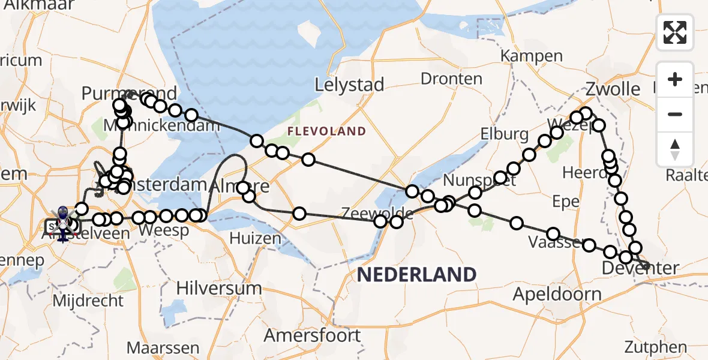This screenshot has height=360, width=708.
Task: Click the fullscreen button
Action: click(x=675, y=32)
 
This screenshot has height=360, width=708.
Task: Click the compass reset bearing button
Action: click(x=675, y=149)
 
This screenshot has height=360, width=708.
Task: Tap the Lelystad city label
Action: click(x=350, y=85)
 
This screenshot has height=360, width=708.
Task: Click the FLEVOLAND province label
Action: click(x=327, y=131)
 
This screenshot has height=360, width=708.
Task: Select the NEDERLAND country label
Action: click(x=417, y=275)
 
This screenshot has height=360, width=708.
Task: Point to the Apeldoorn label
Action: click(x=557, y=295)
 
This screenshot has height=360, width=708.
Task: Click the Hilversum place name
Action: click(x=219, y=288)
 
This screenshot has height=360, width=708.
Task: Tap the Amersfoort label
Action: click(x=313, y=335)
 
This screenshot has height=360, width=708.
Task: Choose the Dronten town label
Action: click(x=451, y=79)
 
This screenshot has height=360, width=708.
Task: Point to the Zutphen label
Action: click(x=655, y=347)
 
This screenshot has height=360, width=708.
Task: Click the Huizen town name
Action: click(x=255, y=238)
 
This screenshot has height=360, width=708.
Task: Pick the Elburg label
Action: click(x=504, y=133)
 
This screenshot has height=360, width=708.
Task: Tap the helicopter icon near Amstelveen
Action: click(x=62, y=223)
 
